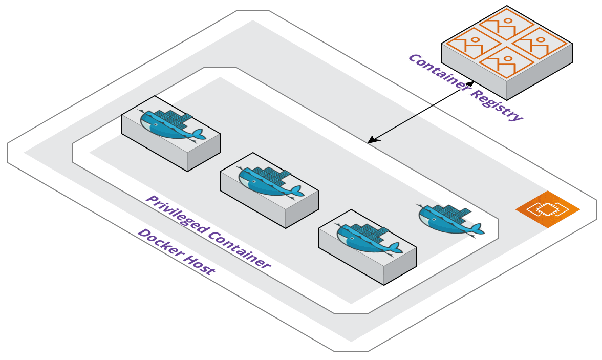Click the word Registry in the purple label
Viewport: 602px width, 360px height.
496,104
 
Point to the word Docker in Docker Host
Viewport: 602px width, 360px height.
160,243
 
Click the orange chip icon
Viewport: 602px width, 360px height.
548,209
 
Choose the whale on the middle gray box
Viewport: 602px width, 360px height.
271,181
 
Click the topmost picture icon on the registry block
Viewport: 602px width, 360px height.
507,24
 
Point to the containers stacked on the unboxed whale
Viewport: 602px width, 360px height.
450,211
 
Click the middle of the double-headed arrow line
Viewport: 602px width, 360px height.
421,112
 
